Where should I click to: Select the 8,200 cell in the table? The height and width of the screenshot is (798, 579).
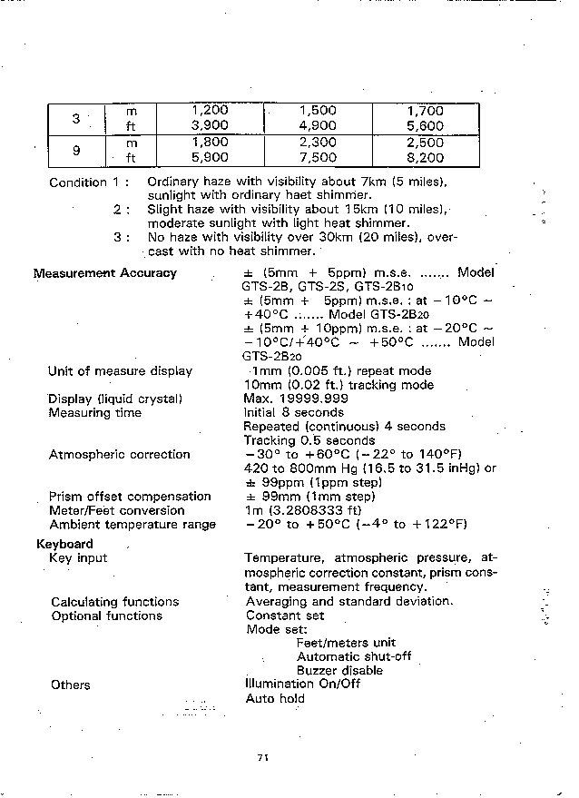425,157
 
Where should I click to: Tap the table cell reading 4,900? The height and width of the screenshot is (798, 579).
318,126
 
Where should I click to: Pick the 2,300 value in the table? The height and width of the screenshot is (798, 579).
318,143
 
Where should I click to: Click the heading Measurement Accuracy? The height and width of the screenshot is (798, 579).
105,273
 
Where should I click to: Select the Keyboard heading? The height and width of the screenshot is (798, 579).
64,544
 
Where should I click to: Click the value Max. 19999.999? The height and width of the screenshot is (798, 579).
296,399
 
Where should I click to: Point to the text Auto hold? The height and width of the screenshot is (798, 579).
275,698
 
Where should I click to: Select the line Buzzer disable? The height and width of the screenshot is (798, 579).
339,671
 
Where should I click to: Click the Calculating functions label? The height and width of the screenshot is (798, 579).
115,602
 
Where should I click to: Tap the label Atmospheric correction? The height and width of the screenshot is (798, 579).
119,455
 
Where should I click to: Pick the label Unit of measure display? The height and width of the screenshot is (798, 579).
120,371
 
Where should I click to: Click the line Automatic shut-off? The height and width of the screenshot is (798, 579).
353,656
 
